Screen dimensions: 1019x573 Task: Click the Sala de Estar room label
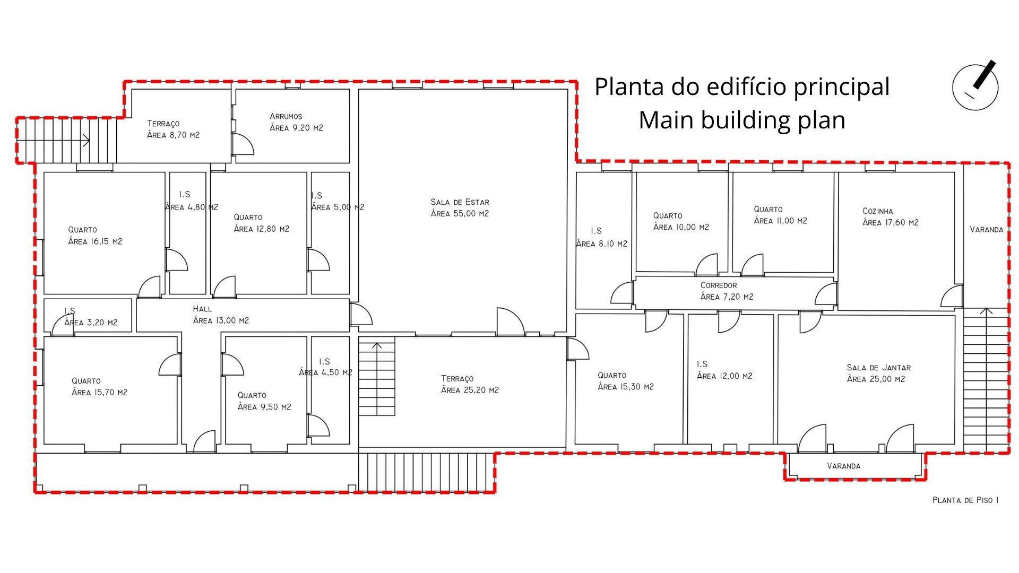[x=460, y=202]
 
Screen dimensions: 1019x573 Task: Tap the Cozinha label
[x=878, y=211]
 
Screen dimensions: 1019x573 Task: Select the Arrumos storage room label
[x=286, y=116]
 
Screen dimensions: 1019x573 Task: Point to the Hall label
[x=202, y=309]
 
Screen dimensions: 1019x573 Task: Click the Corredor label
[x=719, y=285]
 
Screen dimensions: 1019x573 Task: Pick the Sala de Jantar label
[x=879, y=368]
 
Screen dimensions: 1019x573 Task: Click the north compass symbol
[x=975, y=86]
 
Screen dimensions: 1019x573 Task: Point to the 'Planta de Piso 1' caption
[x=965, y=500]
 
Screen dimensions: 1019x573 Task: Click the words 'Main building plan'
[x=742, y=120]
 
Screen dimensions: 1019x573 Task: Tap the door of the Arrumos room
[x=242, y=144]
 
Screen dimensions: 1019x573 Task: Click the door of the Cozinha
[x=952, y=296]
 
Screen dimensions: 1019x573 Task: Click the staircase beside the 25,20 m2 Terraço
[x=377, y=376]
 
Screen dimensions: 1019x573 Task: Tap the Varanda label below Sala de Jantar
[x=843, y=466]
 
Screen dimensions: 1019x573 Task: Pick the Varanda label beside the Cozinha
[x=986, y=230]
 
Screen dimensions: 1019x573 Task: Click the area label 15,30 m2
[x=626, y=387]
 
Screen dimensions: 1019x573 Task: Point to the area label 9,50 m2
[x=264, y=407]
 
